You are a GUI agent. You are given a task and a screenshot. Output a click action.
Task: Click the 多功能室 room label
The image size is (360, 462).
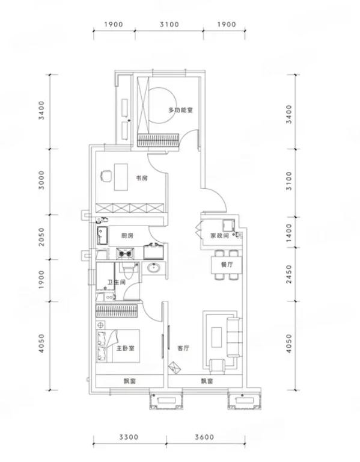(x=180, y=110)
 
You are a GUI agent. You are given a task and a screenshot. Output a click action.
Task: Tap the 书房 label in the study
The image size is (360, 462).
(x=141, y=178)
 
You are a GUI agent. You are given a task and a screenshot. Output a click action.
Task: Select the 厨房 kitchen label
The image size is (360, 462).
(x=127, y=235)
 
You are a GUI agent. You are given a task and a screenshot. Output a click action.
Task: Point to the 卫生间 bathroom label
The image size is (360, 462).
(x=116, y=282)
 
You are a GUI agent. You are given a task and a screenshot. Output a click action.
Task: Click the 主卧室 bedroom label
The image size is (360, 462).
(x=125, y=348)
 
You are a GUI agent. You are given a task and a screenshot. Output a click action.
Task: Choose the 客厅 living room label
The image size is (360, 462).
(x=183, y=348)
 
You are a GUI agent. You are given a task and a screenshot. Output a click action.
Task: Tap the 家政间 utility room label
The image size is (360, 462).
(x=219, y=235)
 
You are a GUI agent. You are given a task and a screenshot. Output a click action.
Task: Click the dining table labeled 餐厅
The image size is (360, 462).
(x=227, y=265)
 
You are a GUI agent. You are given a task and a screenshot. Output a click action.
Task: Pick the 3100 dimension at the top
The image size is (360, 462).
(x=169, y=24)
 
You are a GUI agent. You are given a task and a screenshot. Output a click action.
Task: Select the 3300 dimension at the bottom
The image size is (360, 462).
(x=129, y=437)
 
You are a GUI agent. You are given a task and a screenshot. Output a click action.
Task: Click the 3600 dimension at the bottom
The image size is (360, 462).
(x=204, y=437)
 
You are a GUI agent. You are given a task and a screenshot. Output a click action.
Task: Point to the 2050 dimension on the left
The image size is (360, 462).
(x=41, y=236)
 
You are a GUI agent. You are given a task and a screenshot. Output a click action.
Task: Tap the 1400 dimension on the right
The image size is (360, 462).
(x=288, y=232)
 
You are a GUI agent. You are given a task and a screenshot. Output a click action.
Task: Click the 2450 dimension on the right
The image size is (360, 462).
(x=288, y=274)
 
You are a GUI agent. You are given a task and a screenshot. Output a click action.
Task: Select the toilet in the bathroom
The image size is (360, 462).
(x=129, y=270)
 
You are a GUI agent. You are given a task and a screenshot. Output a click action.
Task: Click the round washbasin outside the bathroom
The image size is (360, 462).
(x=153, y=268)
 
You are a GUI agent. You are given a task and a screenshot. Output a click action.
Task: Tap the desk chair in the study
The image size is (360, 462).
(x=106, y=176)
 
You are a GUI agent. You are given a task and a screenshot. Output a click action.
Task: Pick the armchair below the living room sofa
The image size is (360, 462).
(x=217, y=366)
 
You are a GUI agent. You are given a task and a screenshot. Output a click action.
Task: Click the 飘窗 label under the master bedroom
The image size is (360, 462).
(x=130, y=381)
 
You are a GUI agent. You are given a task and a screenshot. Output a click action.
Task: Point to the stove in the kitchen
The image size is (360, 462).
(x=125, y=253)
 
